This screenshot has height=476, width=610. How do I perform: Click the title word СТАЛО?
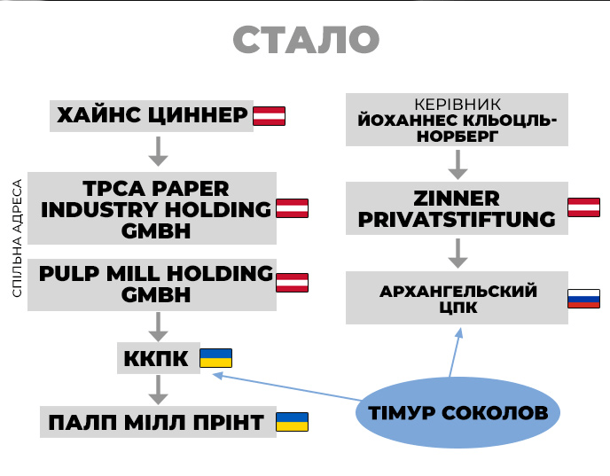coord(306,40)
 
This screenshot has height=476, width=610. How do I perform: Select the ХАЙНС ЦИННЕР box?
coord(152,116)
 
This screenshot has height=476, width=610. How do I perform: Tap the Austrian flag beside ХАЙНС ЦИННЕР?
coord(270,115)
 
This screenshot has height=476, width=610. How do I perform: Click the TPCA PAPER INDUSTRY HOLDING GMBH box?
coord(152,209)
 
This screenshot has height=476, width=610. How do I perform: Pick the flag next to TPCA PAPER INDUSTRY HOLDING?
coord(292,209)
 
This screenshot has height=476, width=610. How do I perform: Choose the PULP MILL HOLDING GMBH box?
coord(152,284)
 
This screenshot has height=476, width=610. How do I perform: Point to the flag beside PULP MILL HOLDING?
coord(292,283)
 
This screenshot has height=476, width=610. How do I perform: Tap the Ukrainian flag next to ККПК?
coord(215,358)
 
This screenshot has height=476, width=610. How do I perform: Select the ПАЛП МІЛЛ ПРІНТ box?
coord(154,422)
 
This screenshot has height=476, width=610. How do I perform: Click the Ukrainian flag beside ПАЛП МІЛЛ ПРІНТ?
coord(292,422)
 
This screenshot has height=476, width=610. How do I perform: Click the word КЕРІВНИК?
coord(457,104)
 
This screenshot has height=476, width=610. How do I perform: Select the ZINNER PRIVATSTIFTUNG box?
coord(457,209)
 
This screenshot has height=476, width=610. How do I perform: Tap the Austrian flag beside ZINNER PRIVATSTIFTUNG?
coord(583,208)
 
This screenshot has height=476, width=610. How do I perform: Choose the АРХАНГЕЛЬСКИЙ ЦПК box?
coord(457,299)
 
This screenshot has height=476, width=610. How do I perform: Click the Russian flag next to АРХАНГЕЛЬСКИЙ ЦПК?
coord(583,299)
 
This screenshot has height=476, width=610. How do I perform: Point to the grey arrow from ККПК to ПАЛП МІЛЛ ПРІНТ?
coord(158,388)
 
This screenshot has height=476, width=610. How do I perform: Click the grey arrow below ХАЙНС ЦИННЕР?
coord(158,152)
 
